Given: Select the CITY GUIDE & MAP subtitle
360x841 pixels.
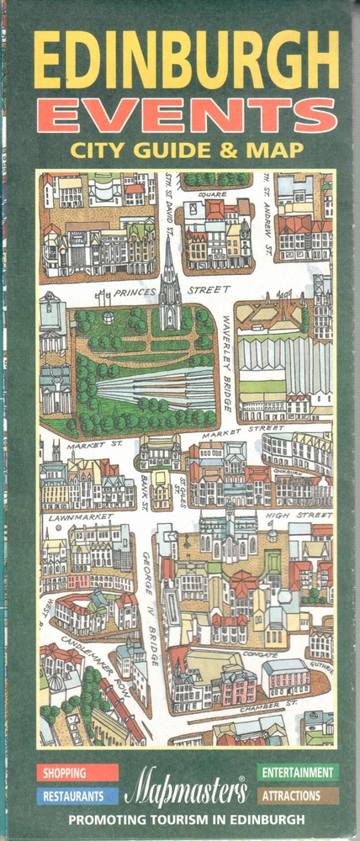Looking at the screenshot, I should click(188, 151).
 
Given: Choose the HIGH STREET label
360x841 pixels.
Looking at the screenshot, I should click(294, 516).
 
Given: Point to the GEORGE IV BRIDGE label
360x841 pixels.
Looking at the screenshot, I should click(150, 610).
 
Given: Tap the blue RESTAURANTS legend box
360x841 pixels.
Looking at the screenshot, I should click(77, 795).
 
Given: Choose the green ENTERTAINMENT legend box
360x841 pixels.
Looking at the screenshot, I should click(298, 772).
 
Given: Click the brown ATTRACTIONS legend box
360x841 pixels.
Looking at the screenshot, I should click(298, 795).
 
